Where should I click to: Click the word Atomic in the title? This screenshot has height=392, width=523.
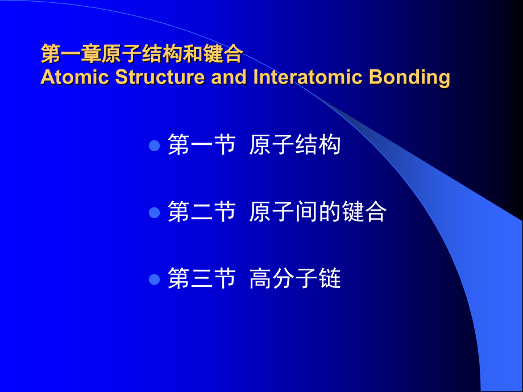(x=74, y=77)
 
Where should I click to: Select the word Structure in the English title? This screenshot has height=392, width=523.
(x=160, y=77)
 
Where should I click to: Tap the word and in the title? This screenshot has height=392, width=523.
(x=229, y=77)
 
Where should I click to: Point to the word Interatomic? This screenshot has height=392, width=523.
(x=308, y=77)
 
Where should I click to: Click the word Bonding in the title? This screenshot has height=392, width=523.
(x=410, y=78)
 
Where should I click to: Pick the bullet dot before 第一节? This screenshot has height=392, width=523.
(x=154, y=145)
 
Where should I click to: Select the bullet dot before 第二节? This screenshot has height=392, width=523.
(x=154, y=212)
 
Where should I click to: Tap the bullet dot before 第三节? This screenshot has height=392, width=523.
(x=154, y=279)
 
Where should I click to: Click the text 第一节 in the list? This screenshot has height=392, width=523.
(x=202, y=145)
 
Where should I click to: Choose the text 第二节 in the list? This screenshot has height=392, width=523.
(x=202, y=211)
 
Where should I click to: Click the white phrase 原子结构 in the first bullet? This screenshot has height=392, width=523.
(x=295, y=145)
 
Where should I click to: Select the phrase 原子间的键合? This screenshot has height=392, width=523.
(x=318, y=211)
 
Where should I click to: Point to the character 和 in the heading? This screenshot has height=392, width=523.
(x=193, y=53)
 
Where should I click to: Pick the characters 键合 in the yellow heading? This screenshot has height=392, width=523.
(x=223, y=53)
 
